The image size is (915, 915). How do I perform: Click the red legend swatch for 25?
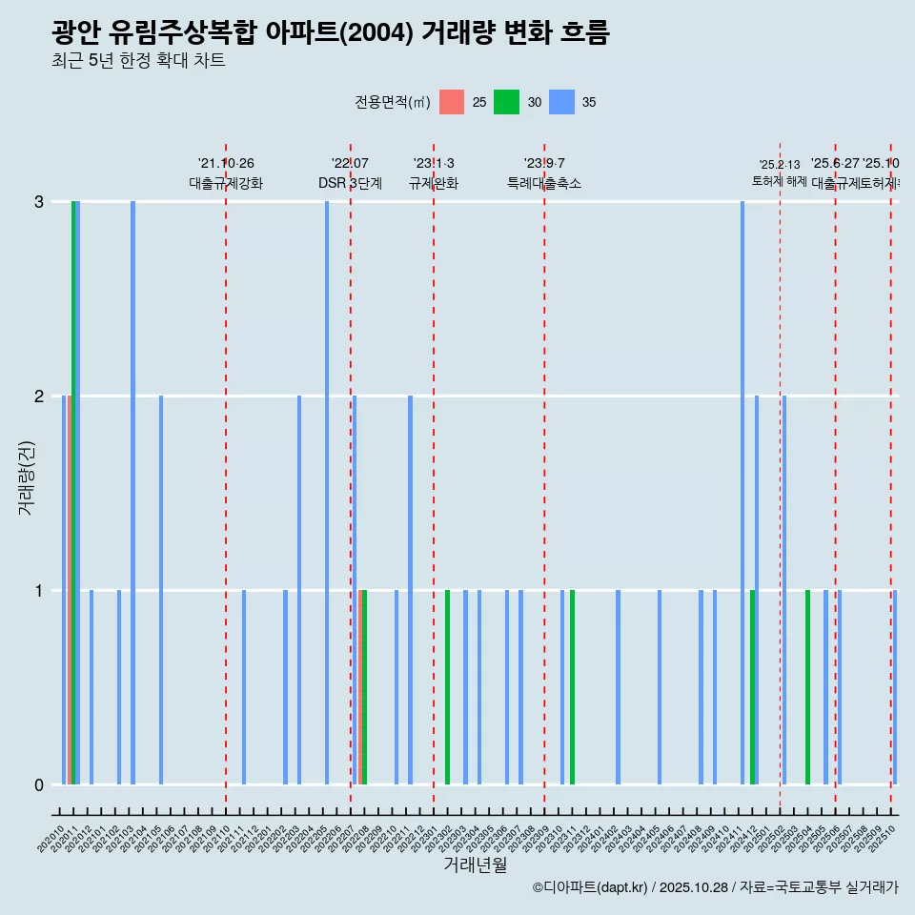point(452,102)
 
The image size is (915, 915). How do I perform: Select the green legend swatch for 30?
point(506,102)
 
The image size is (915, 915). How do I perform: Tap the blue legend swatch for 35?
point(561,102)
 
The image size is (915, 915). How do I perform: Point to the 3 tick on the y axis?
point(39,202)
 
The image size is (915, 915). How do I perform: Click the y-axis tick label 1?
point(39,591)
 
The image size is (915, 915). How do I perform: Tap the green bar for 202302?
point(447,686)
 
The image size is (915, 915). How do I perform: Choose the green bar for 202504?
point(807,686)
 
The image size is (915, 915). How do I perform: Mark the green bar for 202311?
point(572,686)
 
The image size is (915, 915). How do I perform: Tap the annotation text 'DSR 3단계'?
point(350,184)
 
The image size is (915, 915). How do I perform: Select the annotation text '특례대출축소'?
point(543,184)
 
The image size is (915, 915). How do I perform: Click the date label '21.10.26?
point(226,164)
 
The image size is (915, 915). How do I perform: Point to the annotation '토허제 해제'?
point(780,181)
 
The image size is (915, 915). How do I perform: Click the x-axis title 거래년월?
point(475,864)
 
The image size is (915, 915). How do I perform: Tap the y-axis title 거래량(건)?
point(26,478)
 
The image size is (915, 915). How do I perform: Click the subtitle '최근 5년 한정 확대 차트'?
point(138,61)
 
